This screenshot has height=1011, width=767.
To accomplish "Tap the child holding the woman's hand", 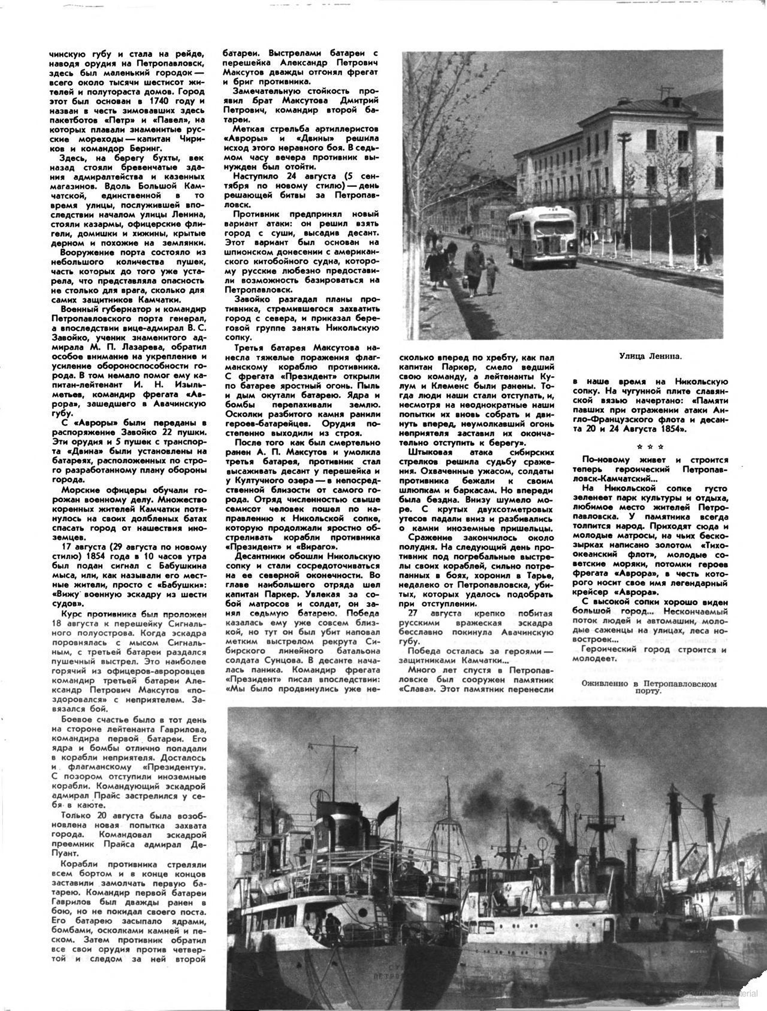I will (491, 274).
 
